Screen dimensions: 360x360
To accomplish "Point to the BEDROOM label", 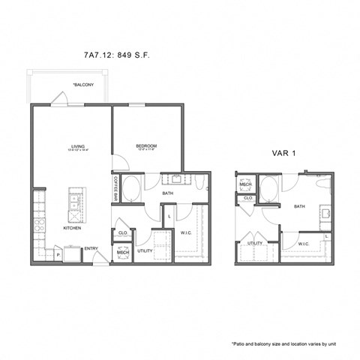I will tap(146, 146).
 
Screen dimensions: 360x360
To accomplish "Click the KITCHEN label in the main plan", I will tap(72, 228).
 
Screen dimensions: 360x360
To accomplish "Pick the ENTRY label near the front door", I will tap(91, 249).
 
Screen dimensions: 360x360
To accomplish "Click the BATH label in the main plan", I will tap(167, 193).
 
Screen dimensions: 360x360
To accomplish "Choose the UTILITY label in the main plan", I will tap(145, 250).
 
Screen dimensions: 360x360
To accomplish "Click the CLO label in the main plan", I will tap(122, 233).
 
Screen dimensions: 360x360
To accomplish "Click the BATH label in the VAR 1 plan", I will tap(299, 206).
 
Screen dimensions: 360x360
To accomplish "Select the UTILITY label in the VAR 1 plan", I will tap(255, 243).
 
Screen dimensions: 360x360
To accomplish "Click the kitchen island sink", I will tap(74, 202).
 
